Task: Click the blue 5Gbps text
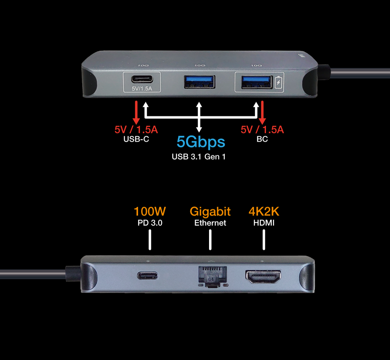(201, 142)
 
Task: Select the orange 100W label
(150, 212)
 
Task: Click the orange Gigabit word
(210, 212)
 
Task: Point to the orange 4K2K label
(264, 212)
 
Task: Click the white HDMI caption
(264, 223)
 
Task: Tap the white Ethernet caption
(210, 223)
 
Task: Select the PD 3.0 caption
(150, 223)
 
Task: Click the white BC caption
(262, 139)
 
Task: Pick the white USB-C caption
(136, 139)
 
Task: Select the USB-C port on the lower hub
(147, 276)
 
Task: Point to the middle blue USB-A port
(199, 82)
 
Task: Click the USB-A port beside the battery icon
(256, 82)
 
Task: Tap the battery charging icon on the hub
(278, 83)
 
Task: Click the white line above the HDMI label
(264, 239)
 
